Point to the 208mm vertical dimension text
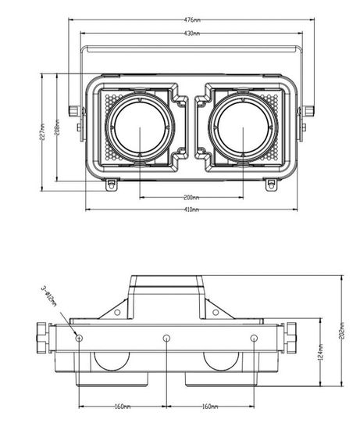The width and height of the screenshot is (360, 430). [58, 127]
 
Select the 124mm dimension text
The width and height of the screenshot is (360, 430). [322, 353]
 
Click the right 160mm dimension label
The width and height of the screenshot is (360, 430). [209, 406]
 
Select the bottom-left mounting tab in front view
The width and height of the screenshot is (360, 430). [110, 185]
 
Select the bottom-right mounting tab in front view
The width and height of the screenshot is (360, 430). [271, 185]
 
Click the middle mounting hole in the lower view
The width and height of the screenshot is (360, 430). [166, 339]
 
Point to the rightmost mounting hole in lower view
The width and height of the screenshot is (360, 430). [253, 339]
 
